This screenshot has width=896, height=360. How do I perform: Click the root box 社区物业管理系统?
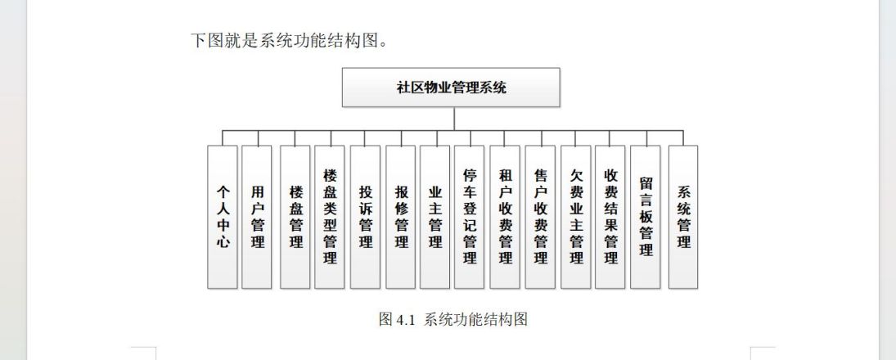(x=451, y=88)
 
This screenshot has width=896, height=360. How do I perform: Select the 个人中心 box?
(x=223, y=217)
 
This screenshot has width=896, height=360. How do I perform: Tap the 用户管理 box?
(x=257, y=217)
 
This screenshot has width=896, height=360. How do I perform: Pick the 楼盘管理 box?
(x=295, y=217)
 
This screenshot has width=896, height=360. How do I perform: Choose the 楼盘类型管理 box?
(x=330, y=217)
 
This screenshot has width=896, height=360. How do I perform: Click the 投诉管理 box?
(x=365, y=217)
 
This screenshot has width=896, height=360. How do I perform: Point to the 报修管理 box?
(x=401, y=217)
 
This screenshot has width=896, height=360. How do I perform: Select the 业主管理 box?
(x=434, y=217)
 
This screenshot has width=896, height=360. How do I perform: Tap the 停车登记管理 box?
(x=469, y=217)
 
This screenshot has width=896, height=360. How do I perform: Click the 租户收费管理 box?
(x=505, y=217)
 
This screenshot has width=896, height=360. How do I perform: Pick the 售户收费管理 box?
(x=540, y=217)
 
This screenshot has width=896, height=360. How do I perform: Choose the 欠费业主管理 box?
(x=575, y=217)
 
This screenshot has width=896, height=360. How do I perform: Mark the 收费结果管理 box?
(x=610, y=217)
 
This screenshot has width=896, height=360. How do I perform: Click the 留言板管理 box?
(x=646, y=217)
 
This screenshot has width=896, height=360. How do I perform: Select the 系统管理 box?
(x=683, y=217)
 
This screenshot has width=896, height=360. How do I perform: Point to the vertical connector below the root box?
(x=454, y=119)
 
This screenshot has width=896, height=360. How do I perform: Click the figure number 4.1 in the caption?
(x=404, y=319)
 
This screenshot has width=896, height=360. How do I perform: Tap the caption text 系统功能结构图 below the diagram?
(x=475, y=319)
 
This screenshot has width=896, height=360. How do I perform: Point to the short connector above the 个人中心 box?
(x=223, y=137)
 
